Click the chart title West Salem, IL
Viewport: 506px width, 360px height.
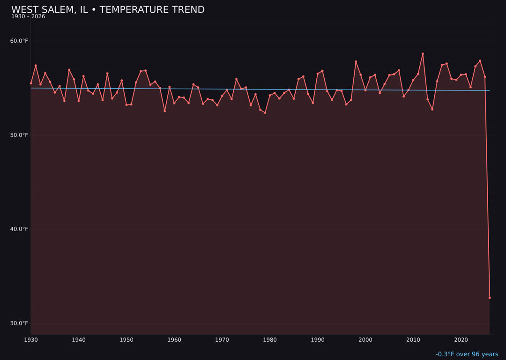(108, 10)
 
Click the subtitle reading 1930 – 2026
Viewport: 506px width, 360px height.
(28, 17)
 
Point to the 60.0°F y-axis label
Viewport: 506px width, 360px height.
(19, 41)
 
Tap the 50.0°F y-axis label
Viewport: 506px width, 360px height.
(19, 135)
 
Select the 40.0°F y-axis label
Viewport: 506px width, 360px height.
(19, 229)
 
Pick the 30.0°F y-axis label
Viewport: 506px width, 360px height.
(19, 323)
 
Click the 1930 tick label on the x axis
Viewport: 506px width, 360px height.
(31, 340)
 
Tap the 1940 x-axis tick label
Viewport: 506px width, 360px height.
(79, 340)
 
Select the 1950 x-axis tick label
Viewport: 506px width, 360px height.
(126, 340)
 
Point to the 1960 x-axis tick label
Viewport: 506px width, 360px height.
(174, 340)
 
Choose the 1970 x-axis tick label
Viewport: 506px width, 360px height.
(222, 340)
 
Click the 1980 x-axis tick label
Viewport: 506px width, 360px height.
(270, 340)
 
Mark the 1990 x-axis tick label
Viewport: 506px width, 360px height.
(318, 340)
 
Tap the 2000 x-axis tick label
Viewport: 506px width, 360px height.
(365, 340)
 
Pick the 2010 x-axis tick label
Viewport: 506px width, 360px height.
(413, 340)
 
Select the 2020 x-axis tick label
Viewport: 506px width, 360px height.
(461, 340)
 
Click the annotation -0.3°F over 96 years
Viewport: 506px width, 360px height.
(467, 354)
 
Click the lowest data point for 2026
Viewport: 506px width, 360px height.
(490, 298)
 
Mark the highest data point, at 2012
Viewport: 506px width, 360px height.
(423, 54)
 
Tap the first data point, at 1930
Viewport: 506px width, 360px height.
(31, 83)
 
